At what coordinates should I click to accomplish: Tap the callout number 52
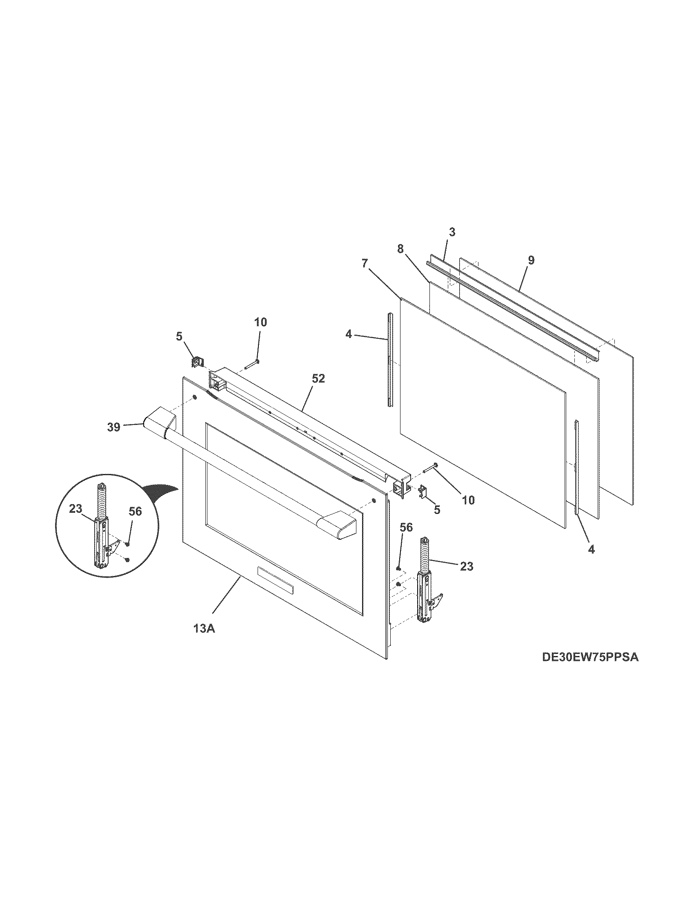318,379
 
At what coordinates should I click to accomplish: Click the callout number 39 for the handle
114,427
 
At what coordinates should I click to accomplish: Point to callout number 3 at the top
452,232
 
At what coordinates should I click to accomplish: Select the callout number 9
531,260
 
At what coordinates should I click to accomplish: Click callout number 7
365,264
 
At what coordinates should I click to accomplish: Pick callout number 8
400,249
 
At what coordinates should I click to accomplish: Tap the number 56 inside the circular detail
135,511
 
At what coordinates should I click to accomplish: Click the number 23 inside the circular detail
76,509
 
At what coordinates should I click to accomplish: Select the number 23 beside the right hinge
467,567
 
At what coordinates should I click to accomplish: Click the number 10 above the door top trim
260,322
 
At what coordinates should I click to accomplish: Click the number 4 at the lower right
591,549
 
